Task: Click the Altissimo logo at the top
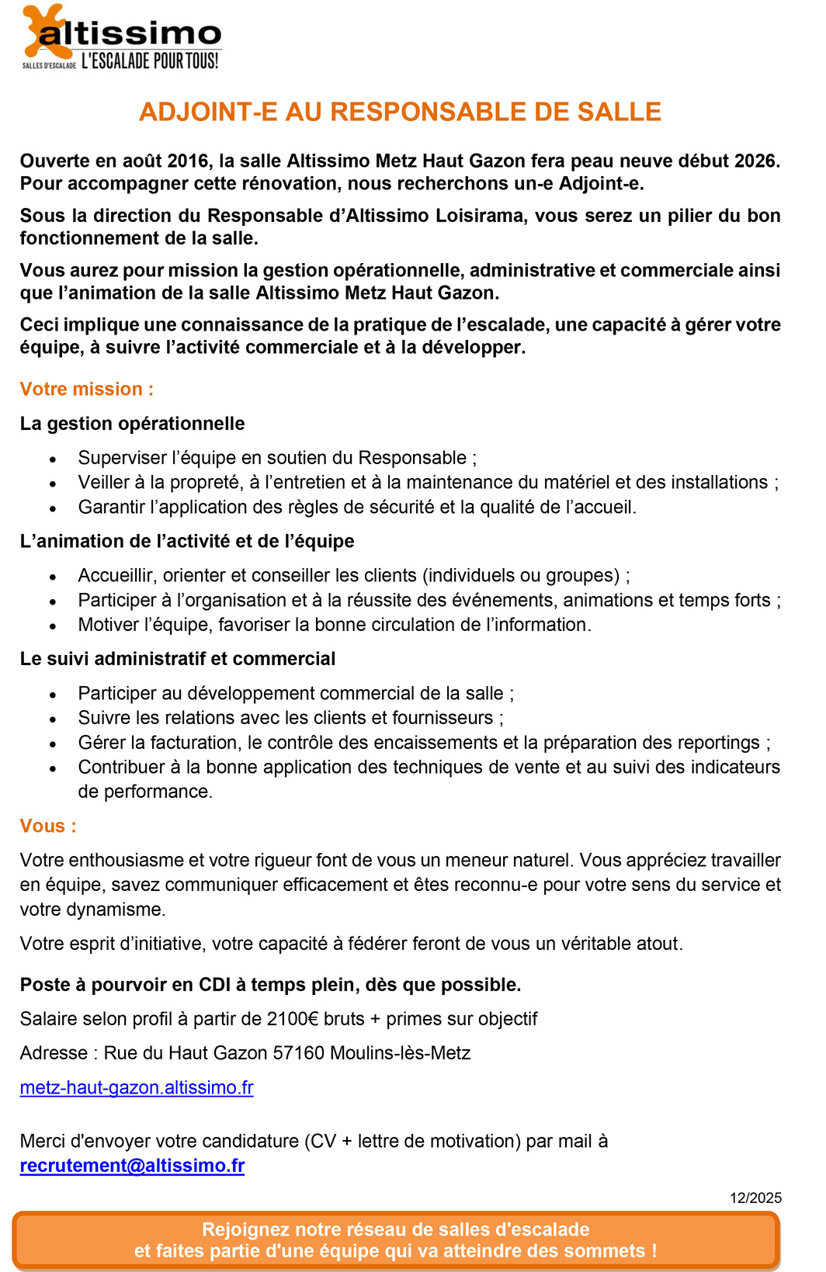[x=123, y=36]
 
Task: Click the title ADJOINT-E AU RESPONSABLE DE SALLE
[x=400, y=112]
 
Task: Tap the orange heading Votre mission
[x=86, y=389]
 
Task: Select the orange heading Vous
[x=48, y=826]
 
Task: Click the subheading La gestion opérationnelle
[x=132, y=423]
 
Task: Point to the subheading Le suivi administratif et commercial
[x=178, y=659]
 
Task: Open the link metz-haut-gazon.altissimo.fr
[x=137, y=1087]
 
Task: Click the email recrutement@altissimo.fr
[x=132, y=1166]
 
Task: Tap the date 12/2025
[x=755, y=1197]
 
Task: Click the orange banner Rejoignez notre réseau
[x=396, y=1240]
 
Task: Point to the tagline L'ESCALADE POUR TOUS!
[x=150, y=61]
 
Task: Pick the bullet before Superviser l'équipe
[x=53, y=459]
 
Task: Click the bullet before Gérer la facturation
[x=53, y=744]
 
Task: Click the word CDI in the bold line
[x=215, y=985]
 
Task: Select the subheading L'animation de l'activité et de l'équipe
[x=187, y=541]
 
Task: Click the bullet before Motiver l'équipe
[x=53, y=626]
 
